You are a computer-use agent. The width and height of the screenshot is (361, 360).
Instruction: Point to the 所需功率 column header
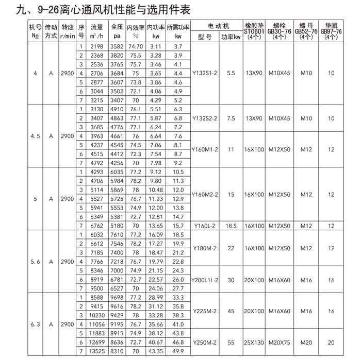(178, 27)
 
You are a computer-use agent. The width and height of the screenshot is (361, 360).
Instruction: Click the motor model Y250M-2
(205, 342)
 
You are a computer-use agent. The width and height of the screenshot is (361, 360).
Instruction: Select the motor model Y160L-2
(205, 226)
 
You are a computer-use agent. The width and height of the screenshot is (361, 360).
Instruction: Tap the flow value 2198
(97, 47)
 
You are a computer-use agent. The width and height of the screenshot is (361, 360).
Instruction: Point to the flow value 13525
(97, 351)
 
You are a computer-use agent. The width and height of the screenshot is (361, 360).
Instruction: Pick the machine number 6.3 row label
(35, 324)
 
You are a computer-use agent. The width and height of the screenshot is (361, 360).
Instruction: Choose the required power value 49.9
(178, 351)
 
